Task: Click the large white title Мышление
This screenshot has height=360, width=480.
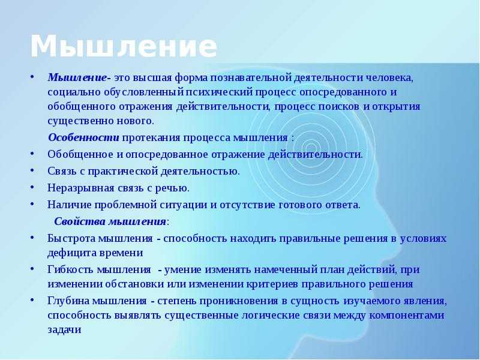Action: pyautogui.click(x=124, y=46)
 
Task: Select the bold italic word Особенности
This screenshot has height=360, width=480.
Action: pyautogui.click(x=83, y=137)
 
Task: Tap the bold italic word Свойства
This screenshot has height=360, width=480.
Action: pyautogui.click(x=80, y=221)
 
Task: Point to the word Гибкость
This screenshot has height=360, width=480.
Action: pyautogui.click(x=71, y=269)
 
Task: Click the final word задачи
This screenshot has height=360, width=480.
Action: pyautogui.click(x=64, y=330)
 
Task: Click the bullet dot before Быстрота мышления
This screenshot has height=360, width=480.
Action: pyautogui.click(x=32, y=238)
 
